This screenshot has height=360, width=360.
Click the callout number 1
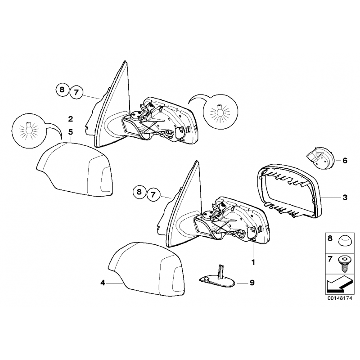tap(253, 262)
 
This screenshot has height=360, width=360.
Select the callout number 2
tap(71, 119)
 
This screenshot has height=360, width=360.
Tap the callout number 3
tap(345, 198)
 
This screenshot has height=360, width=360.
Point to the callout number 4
tap(103, 283)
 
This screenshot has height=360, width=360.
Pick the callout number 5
tap(71, 132)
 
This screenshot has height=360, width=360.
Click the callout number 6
tap(345, 161)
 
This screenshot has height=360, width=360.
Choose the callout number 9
tap(252, 283)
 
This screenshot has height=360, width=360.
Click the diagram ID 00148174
tap(340, 298)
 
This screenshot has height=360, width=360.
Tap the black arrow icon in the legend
tap(339, 284)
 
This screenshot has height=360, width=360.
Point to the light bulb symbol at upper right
tap(220, 112)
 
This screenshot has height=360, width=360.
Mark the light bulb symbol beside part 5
tap(29, 130)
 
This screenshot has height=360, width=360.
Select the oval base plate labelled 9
tap(217, 279)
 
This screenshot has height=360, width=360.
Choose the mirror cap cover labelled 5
tap(75, 169)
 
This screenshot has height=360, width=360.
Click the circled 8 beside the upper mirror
tap(62, 89)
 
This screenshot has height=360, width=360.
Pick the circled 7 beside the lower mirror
tap(153, 195)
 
